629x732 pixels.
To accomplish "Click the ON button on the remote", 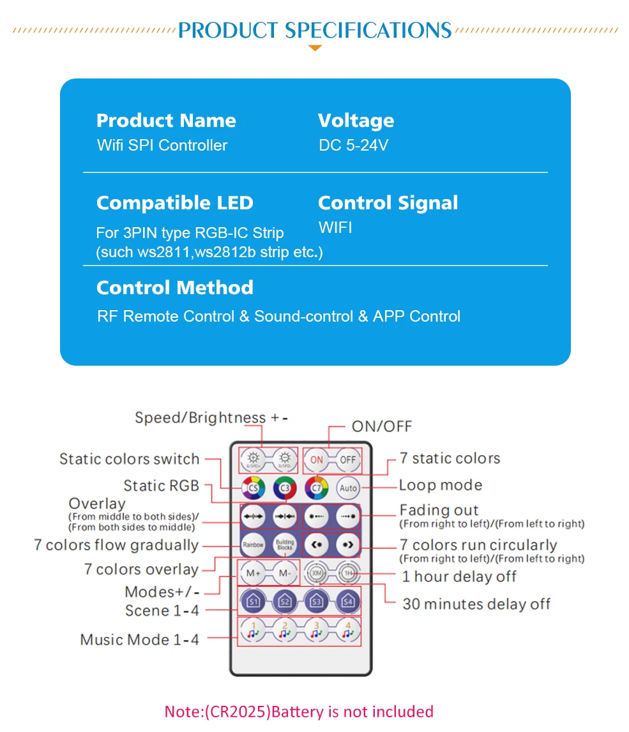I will point(317,459).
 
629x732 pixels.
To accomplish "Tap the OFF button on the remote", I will point(348,459).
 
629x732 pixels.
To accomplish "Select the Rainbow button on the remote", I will point(253,544).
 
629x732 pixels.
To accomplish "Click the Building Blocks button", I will point(285,544).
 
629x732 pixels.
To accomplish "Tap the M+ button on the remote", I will point(253,572).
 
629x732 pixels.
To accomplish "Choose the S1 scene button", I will point(253,601).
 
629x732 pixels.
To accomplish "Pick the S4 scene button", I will point(348,601).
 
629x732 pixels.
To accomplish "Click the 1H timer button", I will point(348,572).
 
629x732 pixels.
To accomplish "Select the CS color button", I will point(253,488).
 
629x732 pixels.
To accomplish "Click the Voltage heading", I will point(356,121).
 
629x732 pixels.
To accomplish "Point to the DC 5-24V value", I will point(353,146).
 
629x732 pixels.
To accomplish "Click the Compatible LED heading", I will point(174,203).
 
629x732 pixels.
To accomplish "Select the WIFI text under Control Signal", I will point(335,228).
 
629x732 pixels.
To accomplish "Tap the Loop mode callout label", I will point(440,485).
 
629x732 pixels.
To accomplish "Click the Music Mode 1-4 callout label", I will point(139,639).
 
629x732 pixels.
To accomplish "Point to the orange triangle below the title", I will point(315,48).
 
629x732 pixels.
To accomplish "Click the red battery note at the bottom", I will point(299,712).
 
